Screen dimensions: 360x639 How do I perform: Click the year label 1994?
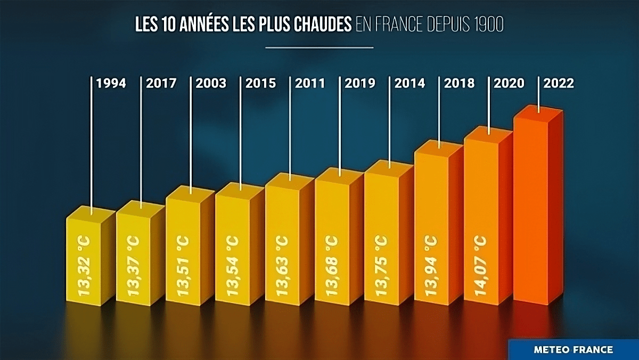pos(111,83)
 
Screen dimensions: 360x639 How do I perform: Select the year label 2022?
pos(559,83)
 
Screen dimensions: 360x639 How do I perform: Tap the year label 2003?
pos(211,83)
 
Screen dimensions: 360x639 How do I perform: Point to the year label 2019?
pos(360,83)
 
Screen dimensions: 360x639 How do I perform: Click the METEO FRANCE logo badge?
pos(573,350)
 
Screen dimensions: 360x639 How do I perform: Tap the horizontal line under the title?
pos(319,47)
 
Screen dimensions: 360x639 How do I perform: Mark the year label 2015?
pos(260,83)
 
